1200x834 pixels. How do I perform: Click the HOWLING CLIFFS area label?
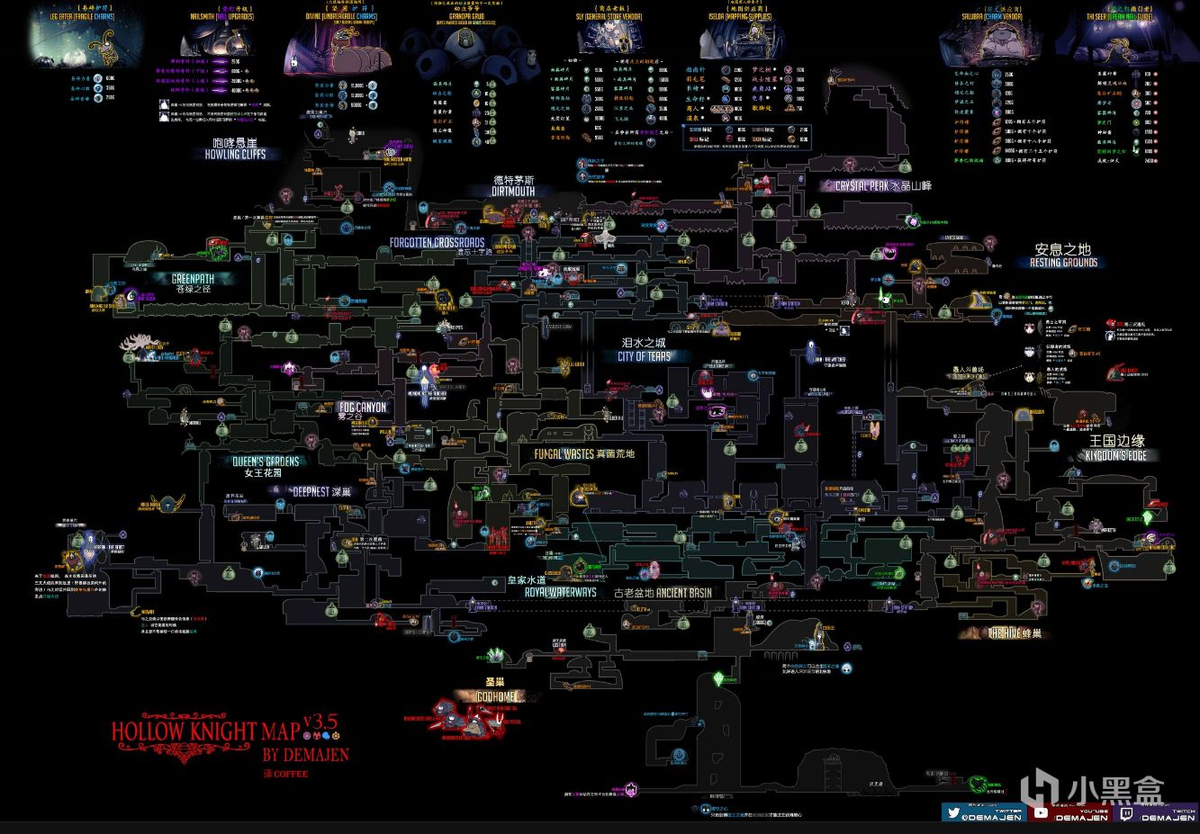(x=234, y=154)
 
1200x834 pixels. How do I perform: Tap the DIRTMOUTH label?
(x=513, y=191)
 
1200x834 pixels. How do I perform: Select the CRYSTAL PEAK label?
(x=868, y=186)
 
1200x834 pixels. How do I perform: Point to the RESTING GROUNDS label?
(x=1063, y=263)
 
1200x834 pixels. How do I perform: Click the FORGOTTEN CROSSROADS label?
(x=437, y=243)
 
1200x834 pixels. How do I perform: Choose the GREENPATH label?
(x=194, y=279)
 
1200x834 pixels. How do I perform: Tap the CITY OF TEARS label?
(x=644, y=356)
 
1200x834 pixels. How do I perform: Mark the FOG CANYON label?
(x=362, y=408)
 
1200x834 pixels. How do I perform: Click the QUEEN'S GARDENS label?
(x=266, y=461)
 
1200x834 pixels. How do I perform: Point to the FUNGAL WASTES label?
(x=564, y=454)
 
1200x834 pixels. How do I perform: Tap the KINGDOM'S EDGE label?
(x=1116, y=456)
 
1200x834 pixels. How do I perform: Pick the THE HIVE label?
(x=1006, y=633)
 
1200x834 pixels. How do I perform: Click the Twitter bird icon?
(x=952, y=812)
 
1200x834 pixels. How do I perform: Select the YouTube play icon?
(x=1041, y=812)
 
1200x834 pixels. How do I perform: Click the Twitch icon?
(x=1126, y=812)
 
